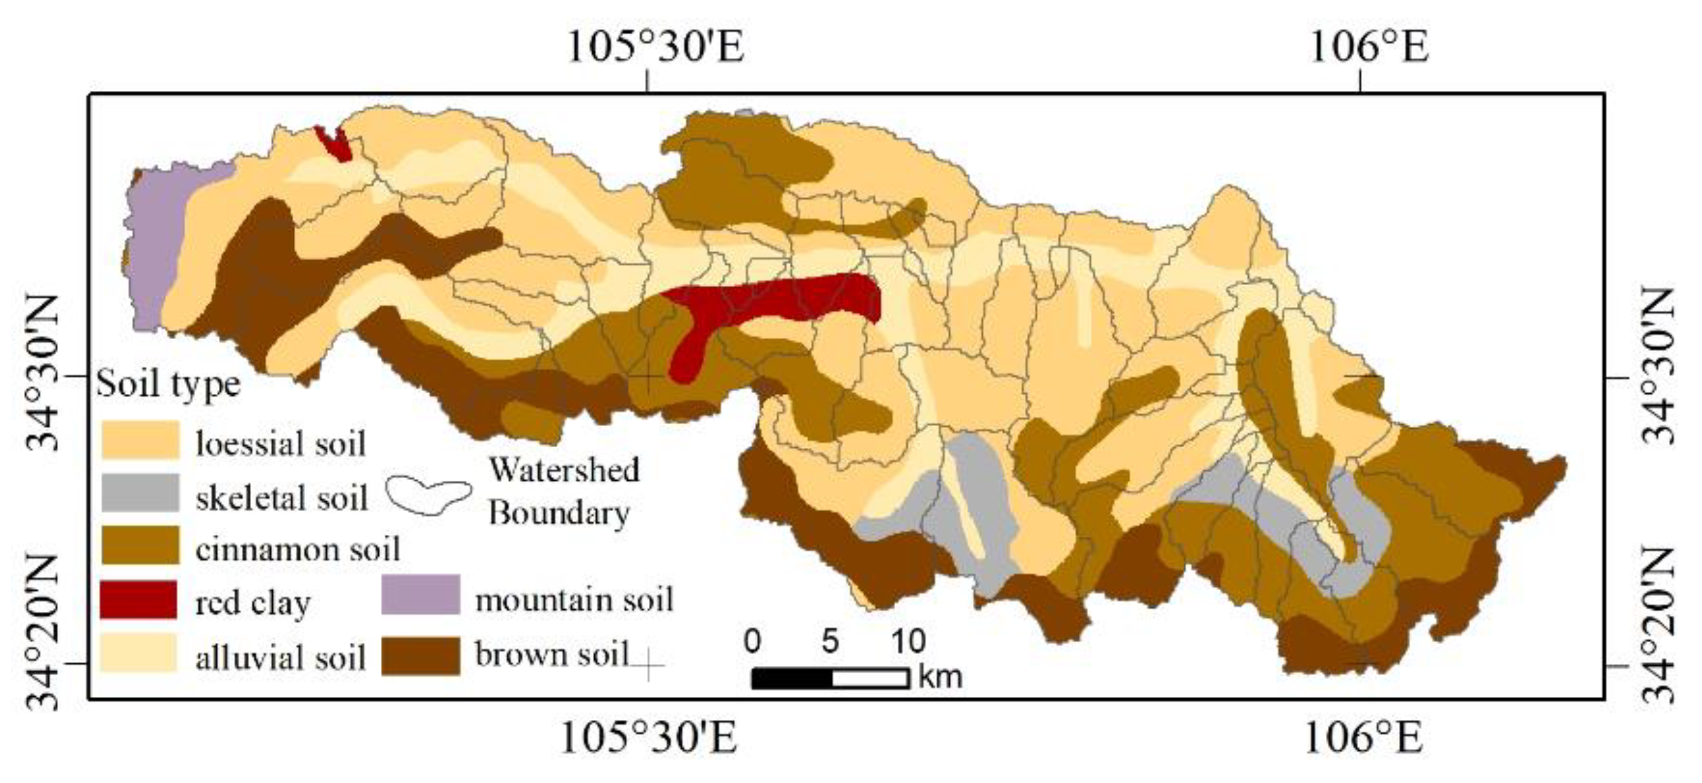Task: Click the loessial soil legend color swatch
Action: [x=140, y=440]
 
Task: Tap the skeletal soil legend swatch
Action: [x=140, y=493]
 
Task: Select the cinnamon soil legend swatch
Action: [x=140, y=546]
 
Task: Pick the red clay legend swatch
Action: [x=139, y=600]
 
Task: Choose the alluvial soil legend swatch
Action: [x=139, y=654]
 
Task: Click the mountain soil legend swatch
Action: [x=421, y=594]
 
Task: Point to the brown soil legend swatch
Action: [x=421, y=656]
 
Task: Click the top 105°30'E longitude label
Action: [x=656, y=48]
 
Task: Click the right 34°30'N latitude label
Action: [x=1658, y=367]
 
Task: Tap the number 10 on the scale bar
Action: [x=908, y=641]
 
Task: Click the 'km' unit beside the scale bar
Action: [x=941, y=677]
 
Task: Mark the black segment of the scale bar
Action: [x=792, y=678]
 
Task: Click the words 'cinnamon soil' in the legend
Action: [x=297, y=548]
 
